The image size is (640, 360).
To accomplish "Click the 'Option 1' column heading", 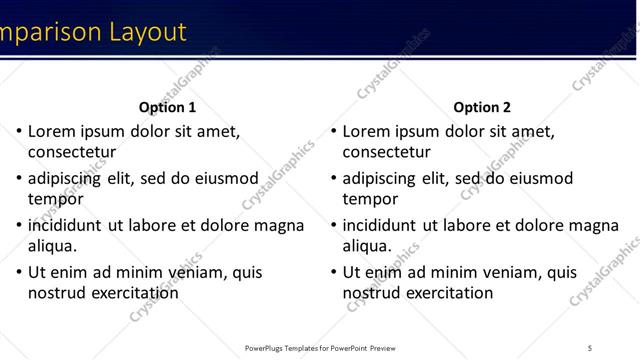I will point(168,107).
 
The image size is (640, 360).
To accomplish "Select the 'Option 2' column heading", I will point(482,107).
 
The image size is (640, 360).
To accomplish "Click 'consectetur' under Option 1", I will point(72,153).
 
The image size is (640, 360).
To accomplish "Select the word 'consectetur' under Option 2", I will point(386,153).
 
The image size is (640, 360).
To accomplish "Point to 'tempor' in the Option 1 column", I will point(56,199).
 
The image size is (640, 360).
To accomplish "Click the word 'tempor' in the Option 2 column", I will point(370,199).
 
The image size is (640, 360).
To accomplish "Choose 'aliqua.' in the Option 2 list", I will point(367,246).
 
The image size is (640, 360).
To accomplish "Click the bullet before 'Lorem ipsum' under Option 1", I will point(18,131).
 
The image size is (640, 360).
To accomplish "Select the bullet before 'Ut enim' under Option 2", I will point(333,272).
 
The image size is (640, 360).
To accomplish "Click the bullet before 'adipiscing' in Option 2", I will point(333,178).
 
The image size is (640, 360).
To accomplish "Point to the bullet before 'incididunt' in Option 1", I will point(18,225).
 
